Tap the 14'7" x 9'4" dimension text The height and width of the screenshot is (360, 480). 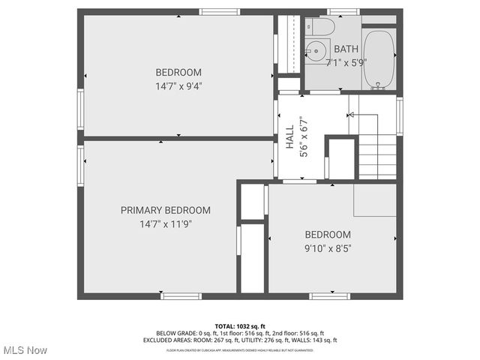point(178,85)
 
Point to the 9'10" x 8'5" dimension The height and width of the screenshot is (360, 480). point(328,247)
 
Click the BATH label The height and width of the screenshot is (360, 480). point(346,49)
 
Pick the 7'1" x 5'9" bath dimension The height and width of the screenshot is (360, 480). point(346,62)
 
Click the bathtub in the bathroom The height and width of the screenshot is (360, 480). point(379,58)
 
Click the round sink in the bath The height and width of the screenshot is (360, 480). point(316,52)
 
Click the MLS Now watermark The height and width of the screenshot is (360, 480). point(25,350)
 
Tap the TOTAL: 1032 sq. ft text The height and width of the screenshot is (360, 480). point(240,326)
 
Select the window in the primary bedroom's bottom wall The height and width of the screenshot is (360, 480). point(181,296)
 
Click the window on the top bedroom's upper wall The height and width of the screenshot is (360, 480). point(220,12)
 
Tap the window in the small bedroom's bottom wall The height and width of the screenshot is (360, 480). point(329,296)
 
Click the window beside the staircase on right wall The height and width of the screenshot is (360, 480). point(400,116)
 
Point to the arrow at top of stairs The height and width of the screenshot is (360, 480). point(352,115)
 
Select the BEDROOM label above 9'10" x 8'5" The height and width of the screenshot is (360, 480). point(328,234)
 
